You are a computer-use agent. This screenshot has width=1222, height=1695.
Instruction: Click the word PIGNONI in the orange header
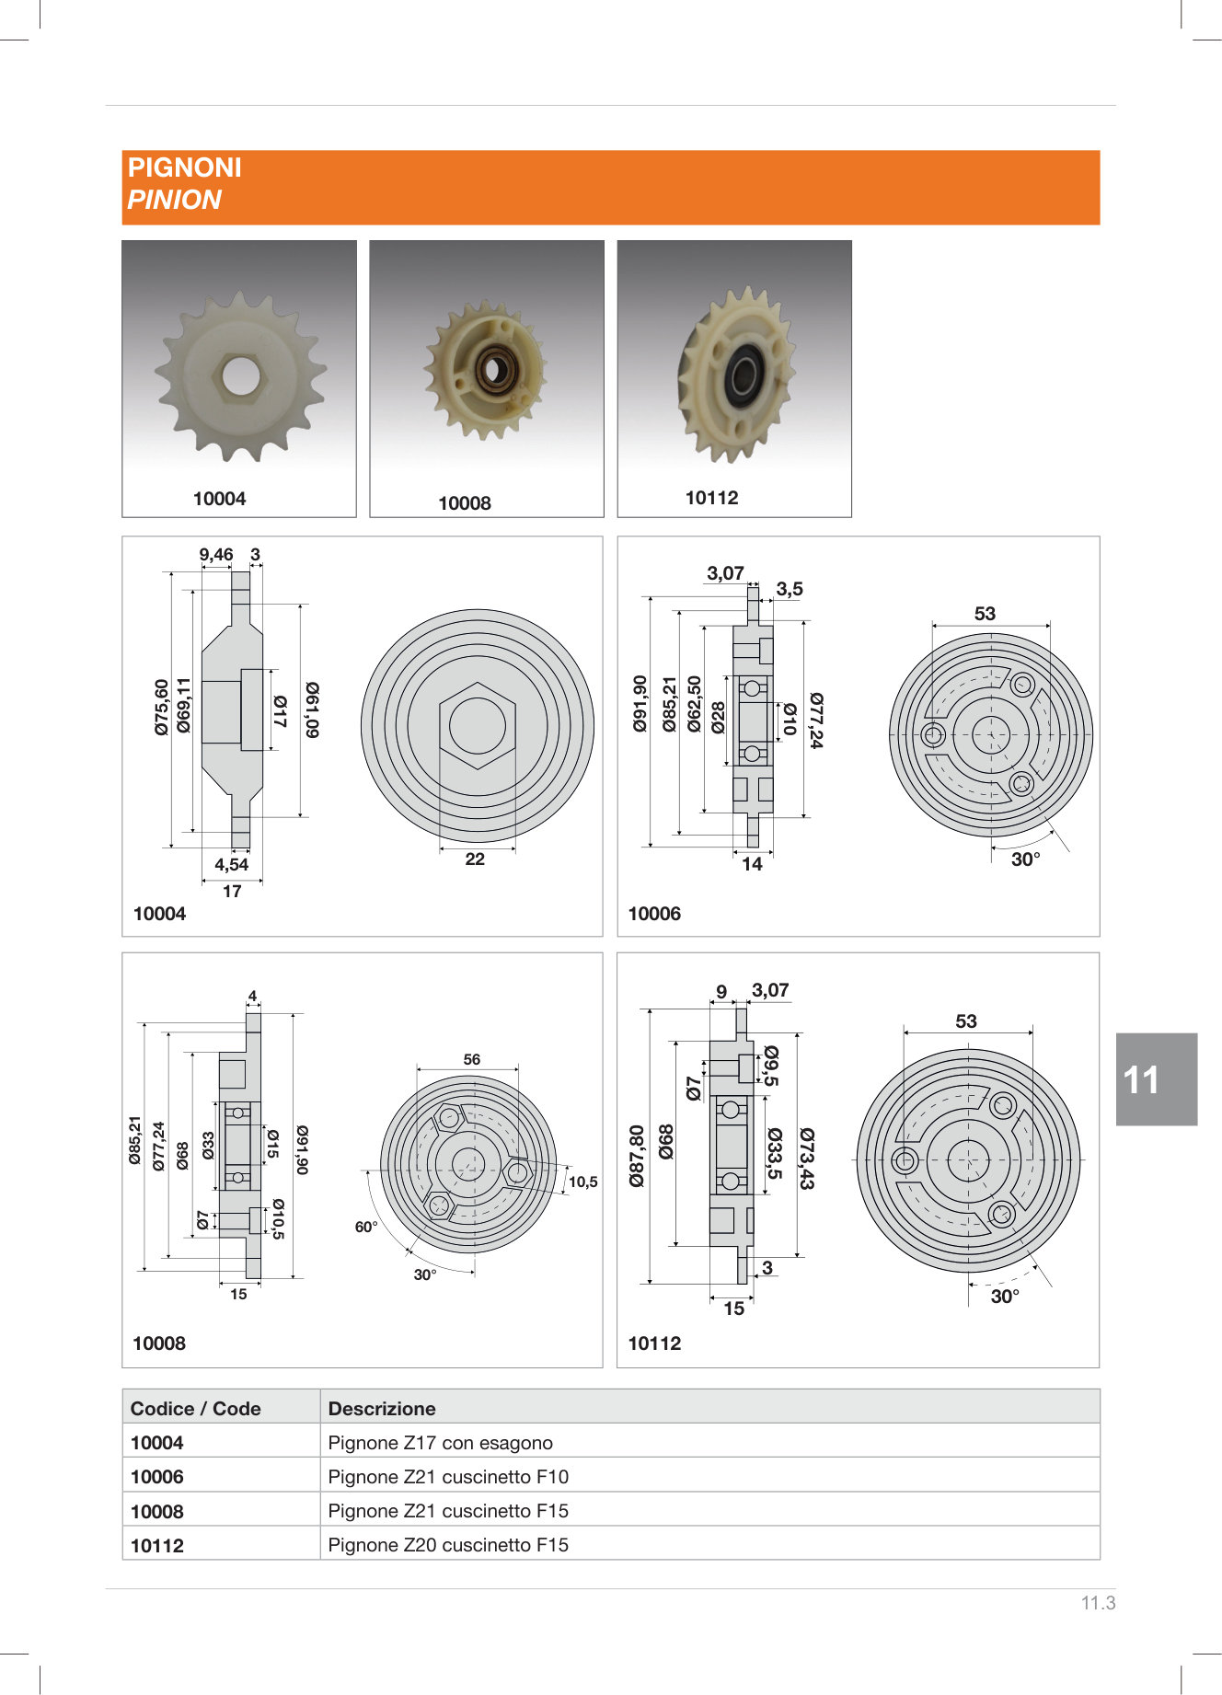184,167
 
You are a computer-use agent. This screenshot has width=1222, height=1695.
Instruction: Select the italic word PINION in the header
174,200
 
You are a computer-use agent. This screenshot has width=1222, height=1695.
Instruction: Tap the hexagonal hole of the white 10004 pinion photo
239,375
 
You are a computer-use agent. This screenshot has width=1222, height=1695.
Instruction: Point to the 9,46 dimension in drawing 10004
216,555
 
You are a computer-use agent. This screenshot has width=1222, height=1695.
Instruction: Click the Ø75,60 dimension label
162,707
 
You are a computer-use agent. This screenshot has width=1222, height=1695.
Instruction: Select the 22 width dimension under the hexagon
475,859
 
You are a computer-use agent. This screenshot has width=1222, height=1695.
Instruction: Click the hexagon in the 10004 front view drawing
478,725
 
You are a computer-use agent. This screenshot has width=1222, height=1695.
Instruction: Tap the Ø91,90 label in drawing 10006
640,704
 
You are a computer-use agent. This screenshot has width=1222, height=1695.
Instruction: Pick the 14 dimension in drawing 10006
753,864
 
